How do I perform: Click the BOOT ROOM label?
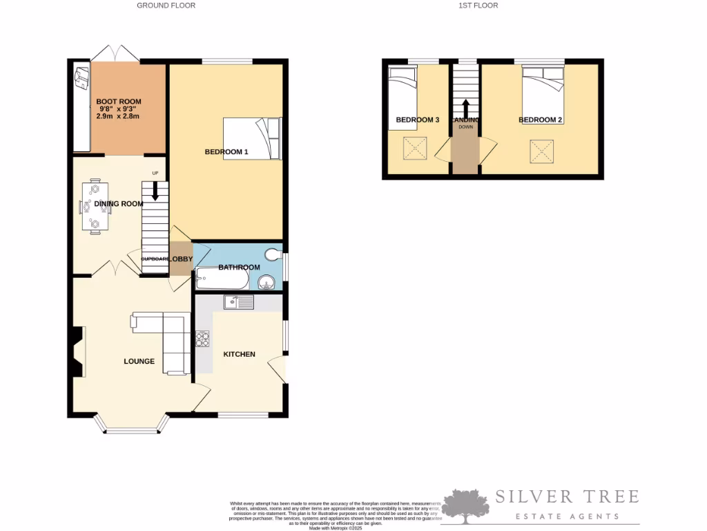tap(118, 101)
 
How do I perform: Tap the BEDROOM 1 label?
tap(226, 152)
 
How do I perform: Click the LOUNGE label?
tap(139, 362)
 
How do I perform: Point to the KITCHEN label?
tap(239, 354)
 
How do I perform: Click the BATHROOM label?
tap(239, 268)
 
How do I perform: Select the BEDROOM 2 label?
tap(541, 120)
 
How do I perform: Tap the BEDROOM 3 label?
tap(417, 120)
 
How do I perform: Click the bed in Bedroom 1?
tap(252, 138)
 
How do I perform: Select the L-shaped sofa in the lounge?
tap(166, 339)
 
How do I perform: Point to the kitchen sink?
tap(239, 302)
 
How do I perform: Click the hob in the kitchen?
tap(204, 339)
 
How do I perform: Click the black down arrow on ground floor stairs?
tap(155, 191)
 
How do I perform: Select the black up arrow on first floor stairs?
tap(465, 108)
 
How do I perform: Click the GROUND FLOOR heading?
tap(166, 6)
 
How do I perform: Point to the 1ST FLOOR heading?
tap(478, 6)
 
